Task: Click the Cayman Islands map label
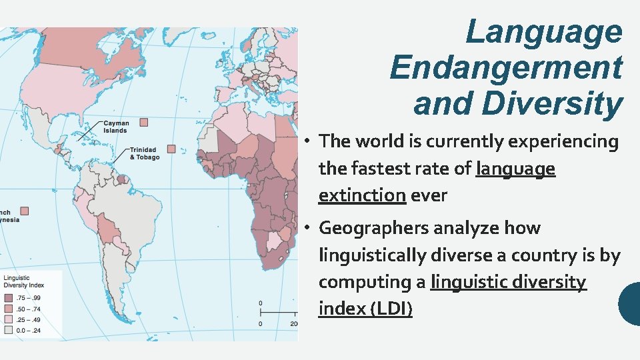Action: [115, 127]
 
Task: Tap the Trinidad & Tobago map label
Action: [144, 153]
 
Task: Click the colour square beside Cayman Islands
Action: [143, 122]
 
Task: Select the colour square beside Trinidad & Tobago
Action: [171, 149]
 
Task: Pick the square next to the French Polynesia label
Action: [25, 210]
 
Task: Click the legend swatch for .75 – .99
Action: [8, 299]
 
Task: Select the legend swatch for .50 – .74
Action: [8, 309]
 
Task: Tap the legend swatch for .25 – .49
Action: [8, 319]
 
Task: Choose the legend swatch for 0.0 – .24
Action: [8, 329]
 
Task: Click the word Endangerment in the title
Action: [506, 67]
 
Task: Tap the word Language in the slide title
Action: [543, 31]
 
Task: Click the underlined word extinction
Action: [362, 195]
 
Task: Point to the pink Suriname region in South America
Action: [122, 179]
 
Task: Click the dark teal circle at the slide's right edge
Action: [631, 303]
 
